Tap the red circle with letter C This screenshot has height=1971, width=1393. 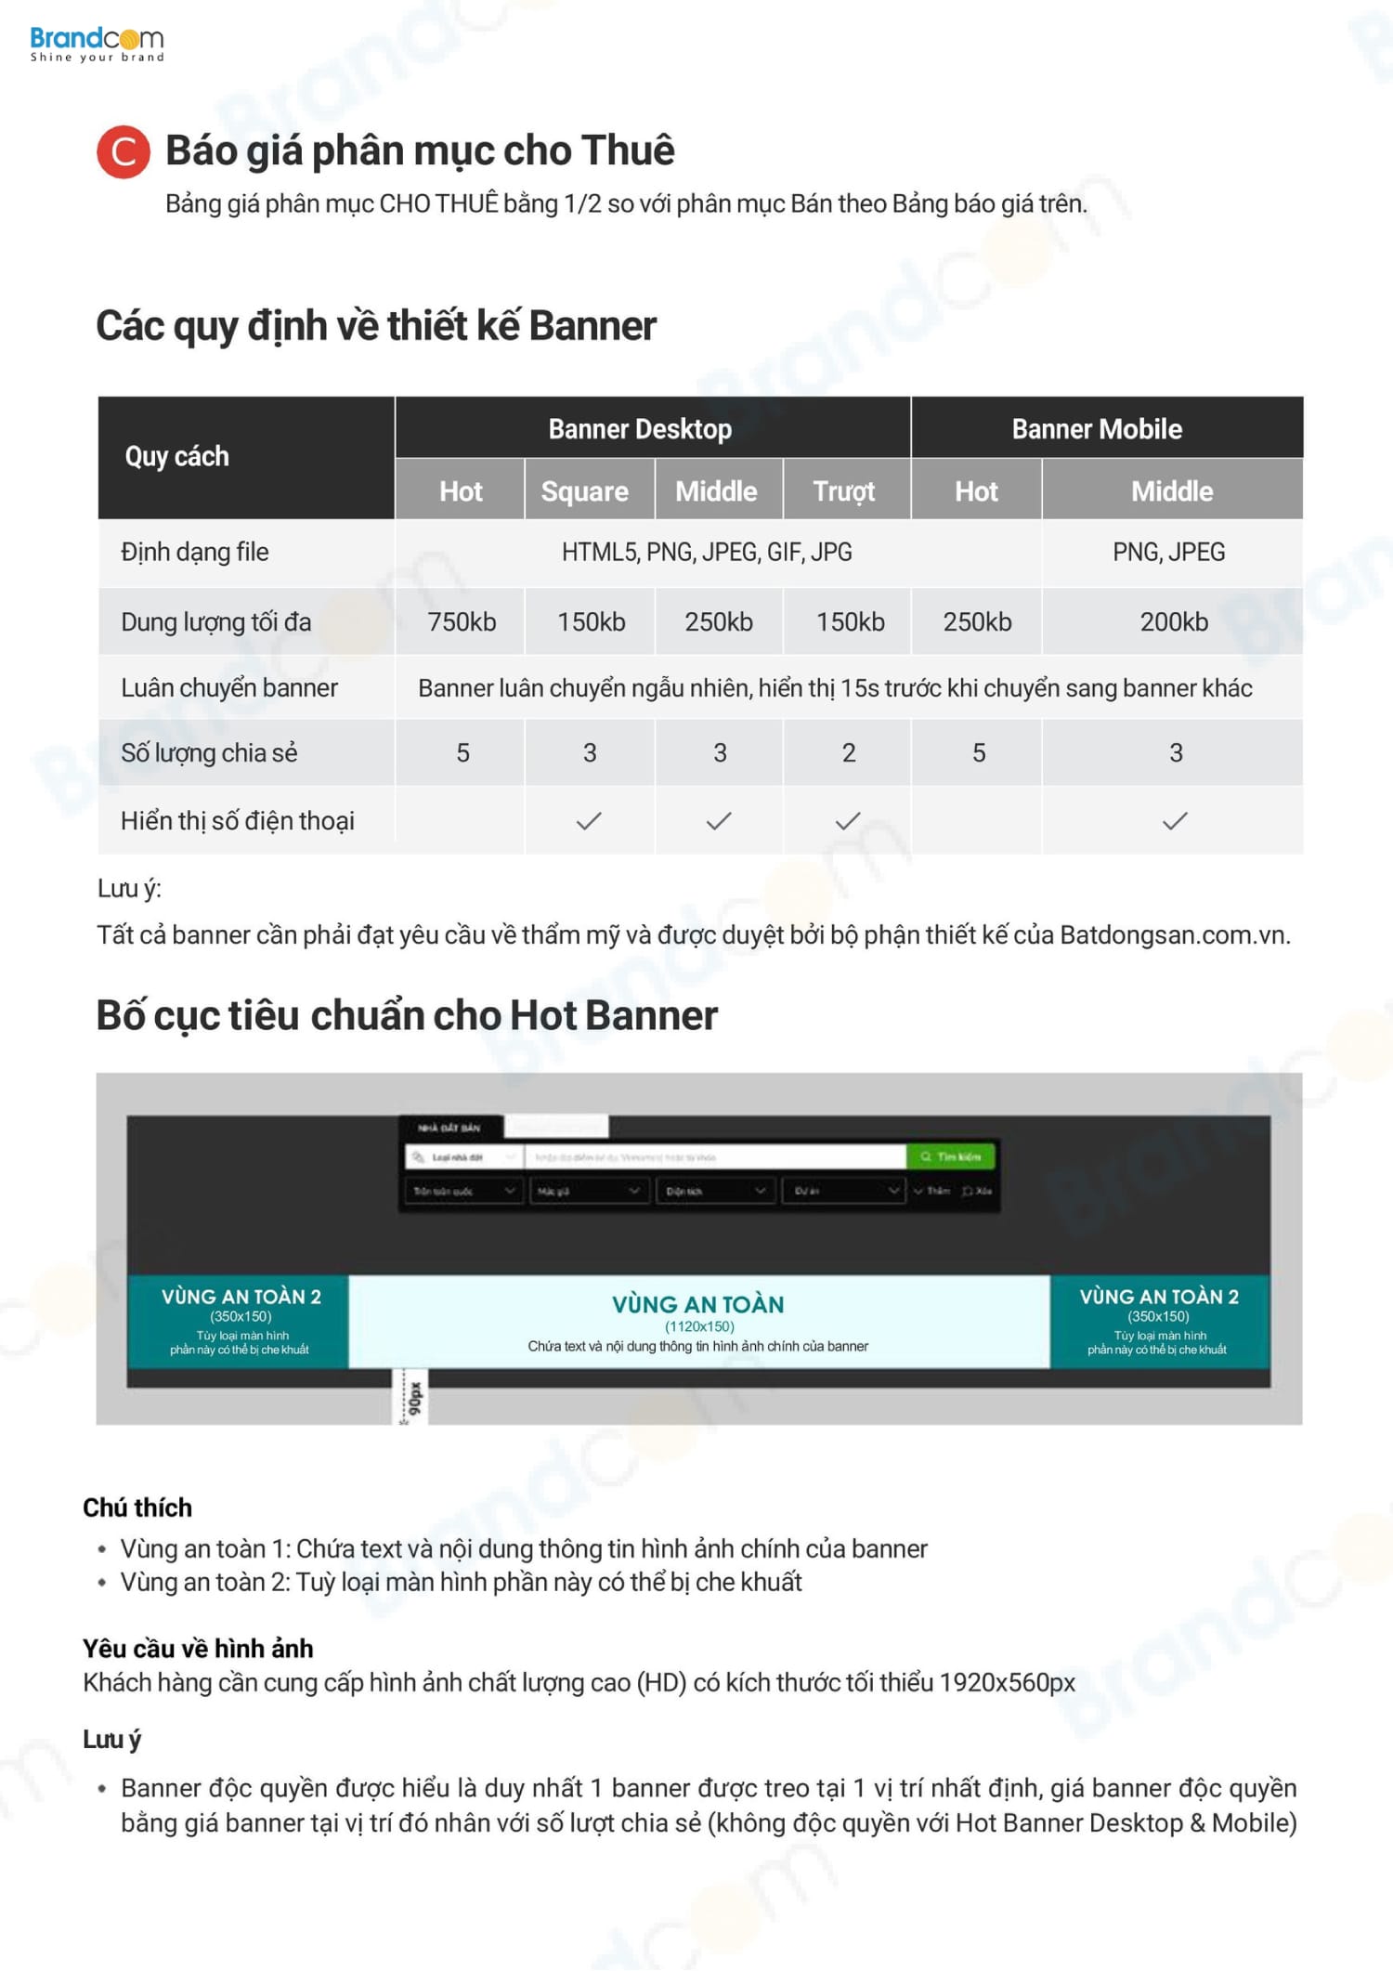123,151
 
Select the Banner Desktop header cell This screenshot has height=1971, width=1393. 640,429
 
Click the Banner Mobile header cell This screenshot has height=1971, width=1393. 1097,429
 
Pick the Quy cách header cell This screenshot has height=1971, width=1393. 176,457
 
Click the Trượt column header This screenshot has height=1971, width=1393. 844,491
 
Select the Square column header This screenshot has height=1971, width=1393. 585,491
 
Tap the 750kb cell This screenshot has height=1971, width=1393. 462,621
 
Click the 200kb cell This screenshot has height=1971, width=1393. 1174,621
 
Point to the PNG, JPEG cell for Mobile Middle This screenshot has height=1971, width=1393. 1168,553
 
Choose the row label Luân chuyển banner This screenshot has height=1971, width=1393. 229,688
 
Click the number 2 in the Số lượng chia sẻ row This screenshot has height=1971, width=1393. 849,753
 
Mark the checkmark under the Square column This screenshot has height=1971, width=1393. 589,821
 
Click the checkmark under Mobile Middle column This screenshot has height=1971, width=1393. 1175,821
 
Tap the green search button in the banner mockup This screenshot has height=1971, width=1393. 950,1156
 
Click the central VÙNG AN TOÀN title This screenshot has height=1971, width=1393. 697,1304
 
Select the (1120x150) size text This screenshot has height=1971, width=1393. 699,1326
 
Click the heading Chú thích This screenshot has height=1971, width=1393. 137,1508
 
